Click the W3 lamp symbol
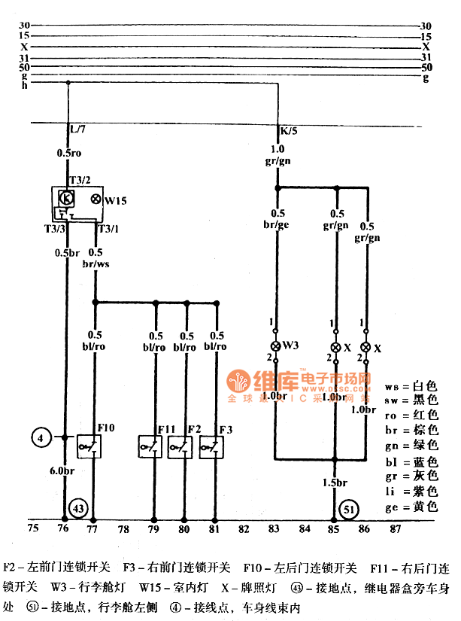(x=276, y=346)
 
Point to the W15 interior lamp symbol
(x=96, y=199)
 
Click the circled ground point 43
(x=78, y=508)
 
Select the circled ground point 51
(x=347, y=508)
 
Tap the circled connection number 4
(x=42, y=437)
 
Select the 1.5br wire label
(x=334, y=482)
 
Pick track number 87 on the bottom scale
(x=396, y=528)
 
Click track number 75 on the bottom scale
(x=32, y=528)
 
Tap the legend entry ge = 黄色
(x=411, y=507)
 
